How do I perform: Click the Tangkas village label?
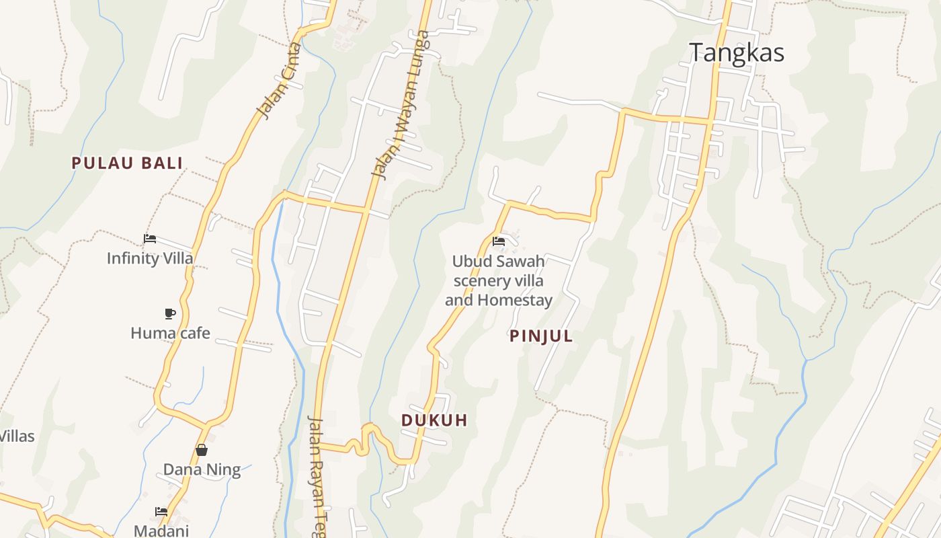(737, 52)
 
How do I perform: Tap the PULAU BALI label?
(127, 163)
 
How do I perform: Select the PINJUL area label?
(541, 336)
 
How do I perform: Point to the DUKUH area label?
(434, 420)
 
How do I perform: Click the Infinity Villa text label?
(150, 258)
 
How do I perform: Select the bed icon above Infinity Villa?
(150, 239)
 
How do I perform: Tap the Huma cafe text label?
(170, 333)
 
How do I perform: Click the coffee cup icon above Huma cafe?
(170, 313)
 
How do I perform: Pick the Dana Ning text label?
(202, 469)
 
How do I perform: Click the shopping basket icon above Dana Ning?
(202, 450)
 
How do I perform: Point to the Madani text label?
(161, 531)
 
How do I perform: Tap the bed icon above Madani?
(161, 512)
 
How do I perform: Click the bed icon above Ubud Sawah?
(499, 241)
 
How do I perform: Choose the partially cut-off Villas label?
(16, 436)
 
